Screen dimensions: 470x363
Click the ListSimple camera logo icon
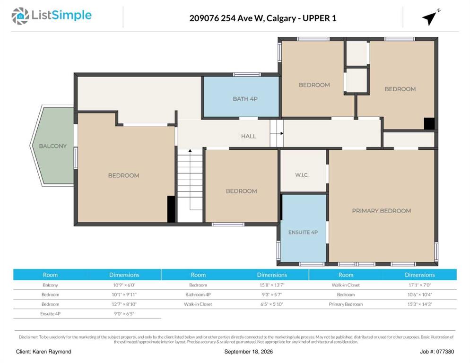20,16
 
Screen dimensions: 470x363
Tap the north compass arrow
430,18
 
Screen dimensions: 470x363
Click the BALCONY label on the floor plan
53,146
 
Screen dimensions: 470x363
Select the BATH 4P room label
245,99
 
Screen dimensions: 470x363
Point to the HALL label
249,137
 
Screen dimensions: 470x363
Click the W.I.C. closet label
302,175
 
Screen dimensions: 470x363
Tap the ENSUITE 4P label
303,232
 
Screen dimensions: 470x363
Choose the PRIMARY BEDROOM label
381,211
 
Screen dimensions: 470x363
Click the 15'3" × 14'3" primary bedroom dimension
420,304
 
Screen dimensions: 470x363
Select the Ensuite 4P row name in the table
50,314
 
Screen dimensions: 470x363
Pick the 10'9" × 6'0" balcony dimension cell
124,285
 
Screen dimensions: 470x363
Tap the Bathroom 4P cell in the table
198,294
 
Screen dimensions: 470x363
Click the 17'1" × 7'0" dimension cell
420,285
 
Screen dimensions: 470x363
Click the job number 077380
445,352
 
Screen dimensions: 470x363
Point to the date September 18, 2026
249,352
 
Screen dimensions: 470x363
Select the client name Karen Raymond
52,352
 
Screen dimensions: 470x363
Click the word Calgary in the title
281,18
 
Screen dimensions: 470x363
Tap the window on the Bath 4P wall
247,74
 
